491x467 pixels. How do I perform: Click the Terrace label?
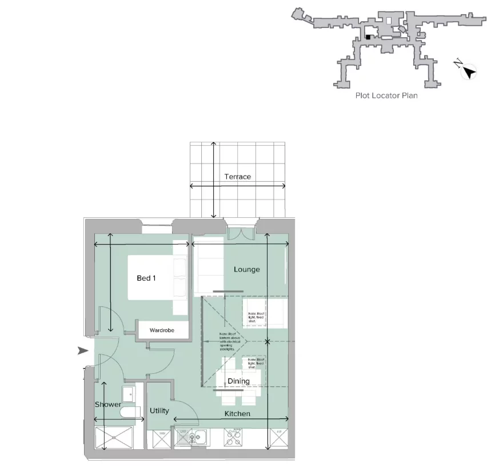(x=237, y=177)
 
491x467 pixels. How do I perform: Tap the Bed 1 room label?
(x=146, y=278)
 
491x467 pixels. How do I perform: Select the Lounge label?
(x=247, y=269)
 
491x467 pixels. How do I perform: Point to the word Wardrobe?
(x=162, y=330)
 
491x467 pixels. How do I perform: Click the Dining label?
(x=238, y=381)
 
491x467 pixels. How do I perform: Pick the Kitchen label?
(x=237, y=414)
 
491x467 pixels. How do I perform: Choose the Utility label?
(x=159, y=411)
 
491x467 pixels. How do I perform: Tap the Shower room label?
(x=107, y=405)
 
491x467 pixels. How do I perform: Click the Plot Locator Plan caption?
(x=386, y=95)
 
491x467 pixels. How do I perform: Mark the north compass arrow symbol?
(x=469, y=71)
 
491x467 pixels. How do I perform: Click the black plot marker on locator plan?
(x=369, y=37)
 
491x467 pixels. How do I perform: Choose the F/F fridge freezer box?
(x=280, y=440)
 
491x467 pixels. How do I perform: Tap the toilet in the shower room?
(x=130, y=412)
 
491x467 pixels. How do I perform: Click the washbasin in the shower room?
(x=128, y=393)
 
